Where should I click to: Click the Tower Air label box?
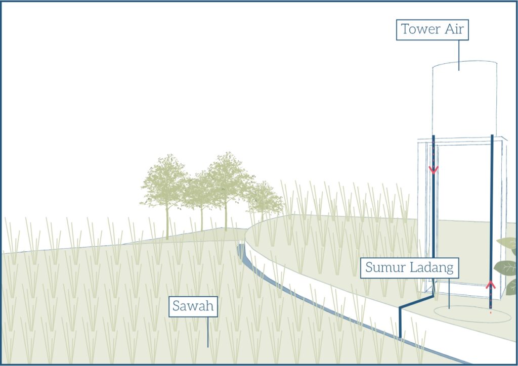point(433,30)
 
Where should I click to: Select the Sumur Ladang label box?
point(409,267)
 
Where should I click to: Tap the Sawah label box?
point(193,306)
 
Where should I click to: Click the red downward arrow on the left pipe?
point(434,169)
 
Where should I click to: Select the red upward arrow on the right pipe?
point(490,284)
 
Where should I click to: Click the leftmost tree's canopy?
point(165,182)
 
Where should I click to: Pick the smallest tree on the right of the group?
point(264,200)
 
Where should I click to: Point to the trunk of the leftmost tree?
point(167,222)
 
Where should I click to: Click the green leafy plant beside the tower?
point(507,265)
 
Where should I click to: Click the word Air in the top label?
point(454,30)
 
